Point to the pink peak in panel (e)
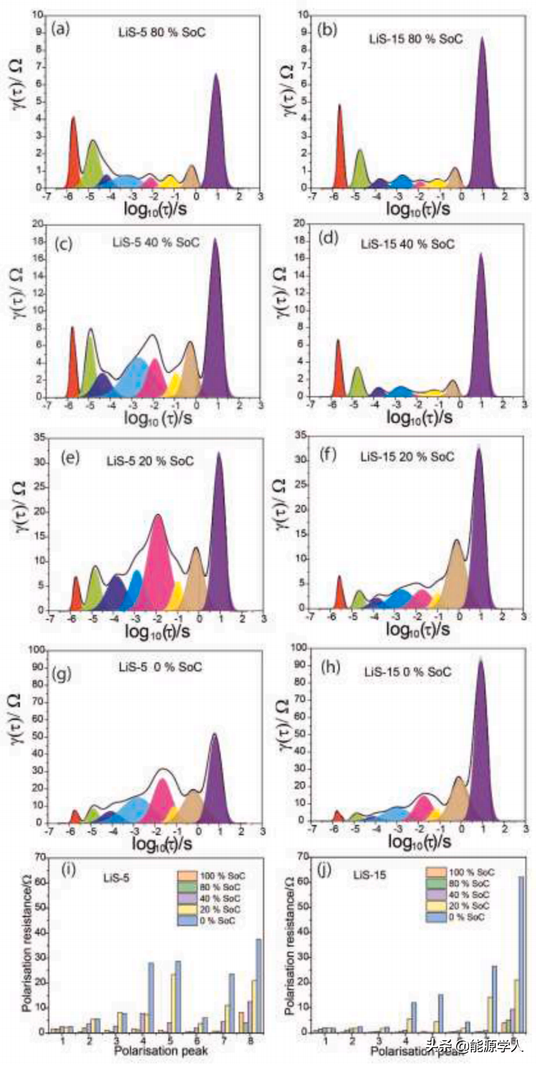tap(158, 567)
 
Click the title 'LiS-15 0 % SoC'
tap(407, 671)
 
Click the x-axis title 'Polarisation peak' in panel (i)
tap(161, 1050)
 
